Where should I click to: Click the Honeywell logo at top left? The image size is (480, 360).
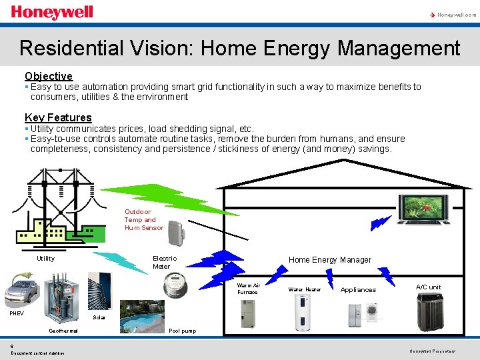pyautogui.click(x=52, y=13)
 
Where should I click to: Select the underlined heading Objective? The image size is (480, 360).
pyautogui.click(x=49, y=77)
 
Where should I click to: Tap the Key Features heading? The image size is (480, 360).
pyautogui.click(x=58, y=118)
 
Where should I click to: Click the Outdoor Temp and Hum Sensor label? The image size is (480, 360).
pyautogui.click(x=143, y=220)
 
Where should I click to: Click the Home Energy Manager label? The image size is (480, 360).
pyautogui.click(x=329, y=260)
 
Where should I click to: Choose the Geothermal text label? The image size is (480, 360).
pyautogui.click(x=63, y=331)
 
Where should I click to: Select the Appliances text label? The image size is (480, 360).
pyautogui.click(x=358, y=290)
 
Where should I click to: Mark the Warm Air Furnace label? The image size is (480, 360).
pyautogui.click(x=249, y=289)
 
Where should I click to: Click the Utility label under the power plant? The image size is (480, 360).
pyautogui.click(x=46, y=259)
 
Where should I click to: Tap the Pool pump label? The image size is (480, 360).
pyautogui.click(x=182, y=331)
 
